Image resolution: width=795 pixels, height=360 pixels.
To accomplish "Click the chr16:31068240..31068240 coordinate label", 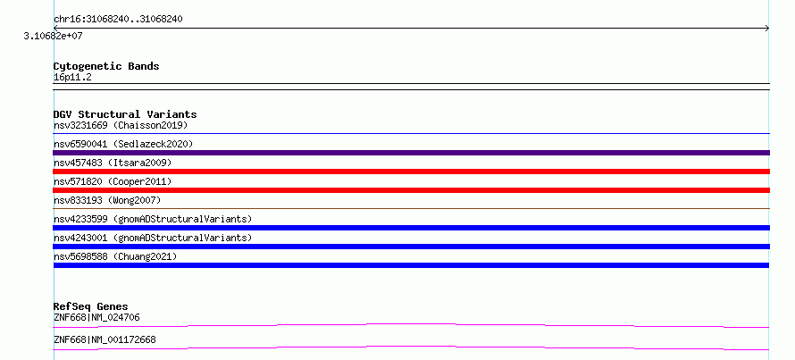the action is (x=118, y=20).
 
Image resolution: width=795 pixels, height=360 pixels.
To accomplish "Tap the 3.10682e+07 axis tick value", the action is (x=54, y=37).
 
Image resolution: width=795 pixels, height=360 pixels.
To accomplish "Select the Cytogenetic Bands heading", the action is (x=106, y=66).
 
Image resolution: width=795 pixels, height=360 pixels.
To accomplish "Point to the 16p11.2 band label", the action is (x=72, y=78).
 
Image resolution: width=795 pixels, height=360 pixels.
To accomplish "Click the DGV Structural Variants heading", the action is (x=125, y=114).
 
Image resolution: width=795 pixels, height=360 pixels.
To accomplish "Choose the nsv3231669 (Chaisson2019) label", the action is (x=121, y=125).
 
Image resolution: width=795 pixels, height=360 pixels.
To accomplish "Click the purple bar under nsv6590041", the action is (x=411, y=153).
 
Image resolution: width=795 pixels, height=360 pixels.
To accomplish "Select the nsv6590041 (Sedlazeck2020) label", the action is (x=123, y=144).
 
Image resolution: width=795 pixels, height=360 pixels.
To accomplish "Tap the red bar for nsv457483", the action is (x=411, y=172).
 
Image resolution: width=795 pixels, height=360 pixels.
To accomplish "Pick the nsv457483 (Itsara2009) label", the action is (x=113, y=163).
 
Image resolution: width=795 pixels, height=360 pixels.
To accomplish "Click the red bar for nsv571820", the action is (x=411, y=190).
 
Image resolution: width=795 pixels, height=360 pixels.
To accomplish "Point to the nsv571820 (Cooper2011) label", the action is (x=113, y=181).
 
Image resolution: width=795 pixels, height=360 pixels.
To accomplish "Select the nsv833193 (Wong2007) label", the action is (x=107, y=200).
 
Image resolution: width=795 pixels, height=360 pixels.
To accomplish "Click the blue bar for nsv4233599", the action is (x=411, y=228).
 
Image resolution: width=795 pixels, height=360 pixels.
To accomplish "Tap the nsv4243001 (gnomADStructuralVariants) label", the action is (x=153, y=238).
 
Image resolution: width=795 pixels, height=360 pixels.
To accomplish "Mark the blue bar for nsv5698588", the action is (x=411, y=265).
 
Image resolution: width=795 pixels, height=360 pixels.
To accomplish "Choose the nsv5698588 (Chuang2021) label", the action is (x=115, y=256).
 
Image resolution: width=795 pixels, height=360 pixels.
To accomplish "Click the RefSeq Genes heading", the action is (x=90, y=306).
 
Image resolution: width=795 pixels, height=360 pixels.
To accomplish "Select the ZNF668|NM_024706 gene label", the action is (x=96, y=318).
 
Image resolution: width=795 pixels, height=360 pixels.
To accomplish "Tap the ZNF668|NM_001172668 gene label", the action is (x=105, y=339).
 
